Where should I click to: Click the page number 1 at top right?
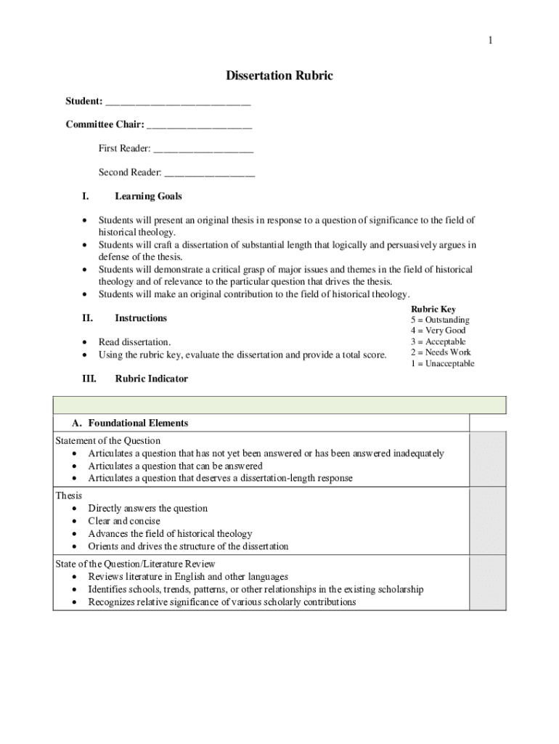[490, 41]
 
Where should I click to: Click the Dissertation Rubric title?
[279, 76]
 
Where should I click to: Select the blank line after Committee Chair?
[199, 125]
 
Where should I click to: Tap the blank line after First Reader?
[203, 149]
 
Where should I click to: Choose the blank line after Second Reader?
[209, 173]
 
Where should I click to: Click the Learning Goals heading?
[148, 196]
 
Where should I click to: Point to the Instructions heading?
[141, 318]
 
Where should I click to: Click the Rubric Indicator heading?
[151, 379]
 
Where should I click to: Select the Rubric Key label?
[433, 310]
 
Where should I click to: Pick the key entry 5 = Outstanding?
[440, 320]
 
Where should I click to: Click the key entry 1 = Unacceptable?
[442, 363]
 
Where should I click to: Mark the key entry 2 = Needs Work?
[440, 352]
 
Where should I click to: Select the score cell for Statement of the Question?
[487, 459]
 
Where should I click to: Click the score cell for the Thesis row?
[487, 521]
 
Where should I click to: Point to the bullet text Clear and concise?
[124, 521]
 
